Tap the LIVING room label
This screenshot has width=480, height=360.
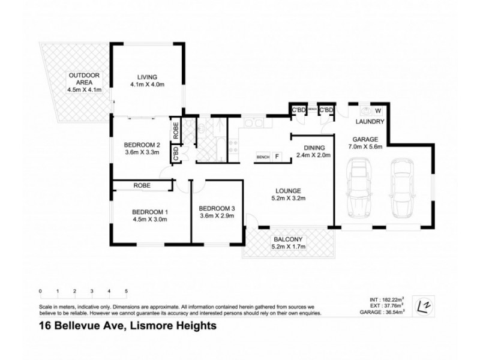coord(146,77)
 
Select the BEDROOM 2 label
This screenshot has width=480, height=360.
coord(142,145)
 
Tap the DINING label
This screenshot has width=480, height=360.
coord(314,148)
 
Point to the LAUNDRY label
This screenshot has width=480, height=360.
coord(370,122)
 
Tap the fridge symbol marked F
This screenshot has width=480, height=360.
coord(277,157)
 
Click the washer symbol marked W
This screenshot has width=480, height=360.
coord(378,110)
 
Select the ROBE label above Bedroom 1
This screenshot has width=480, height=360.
coord(142,186)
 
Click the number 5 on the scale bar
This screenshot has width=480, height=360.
coord(126,291)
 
